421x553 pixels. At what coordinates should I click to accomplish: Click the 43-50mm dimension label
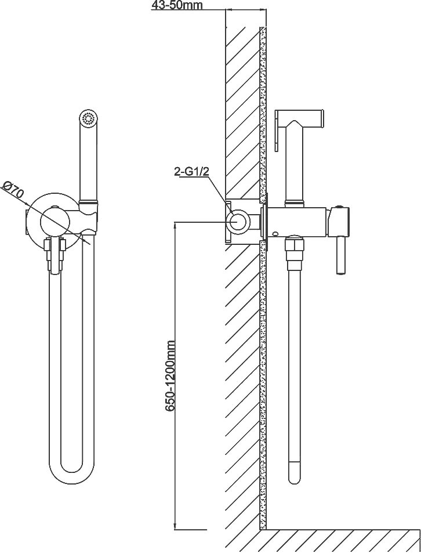pos(177,5)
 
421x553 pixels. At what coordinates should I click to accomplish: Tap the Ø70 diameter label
pos(13,191)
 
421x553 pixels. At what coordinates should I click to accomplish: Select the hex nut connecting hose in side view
pos(294,248)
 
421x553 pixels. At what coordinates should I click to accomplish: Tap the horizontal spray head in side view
pos(299,117)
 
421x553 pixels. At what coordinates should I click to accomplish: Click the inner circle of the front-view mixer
pos(55,221)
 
